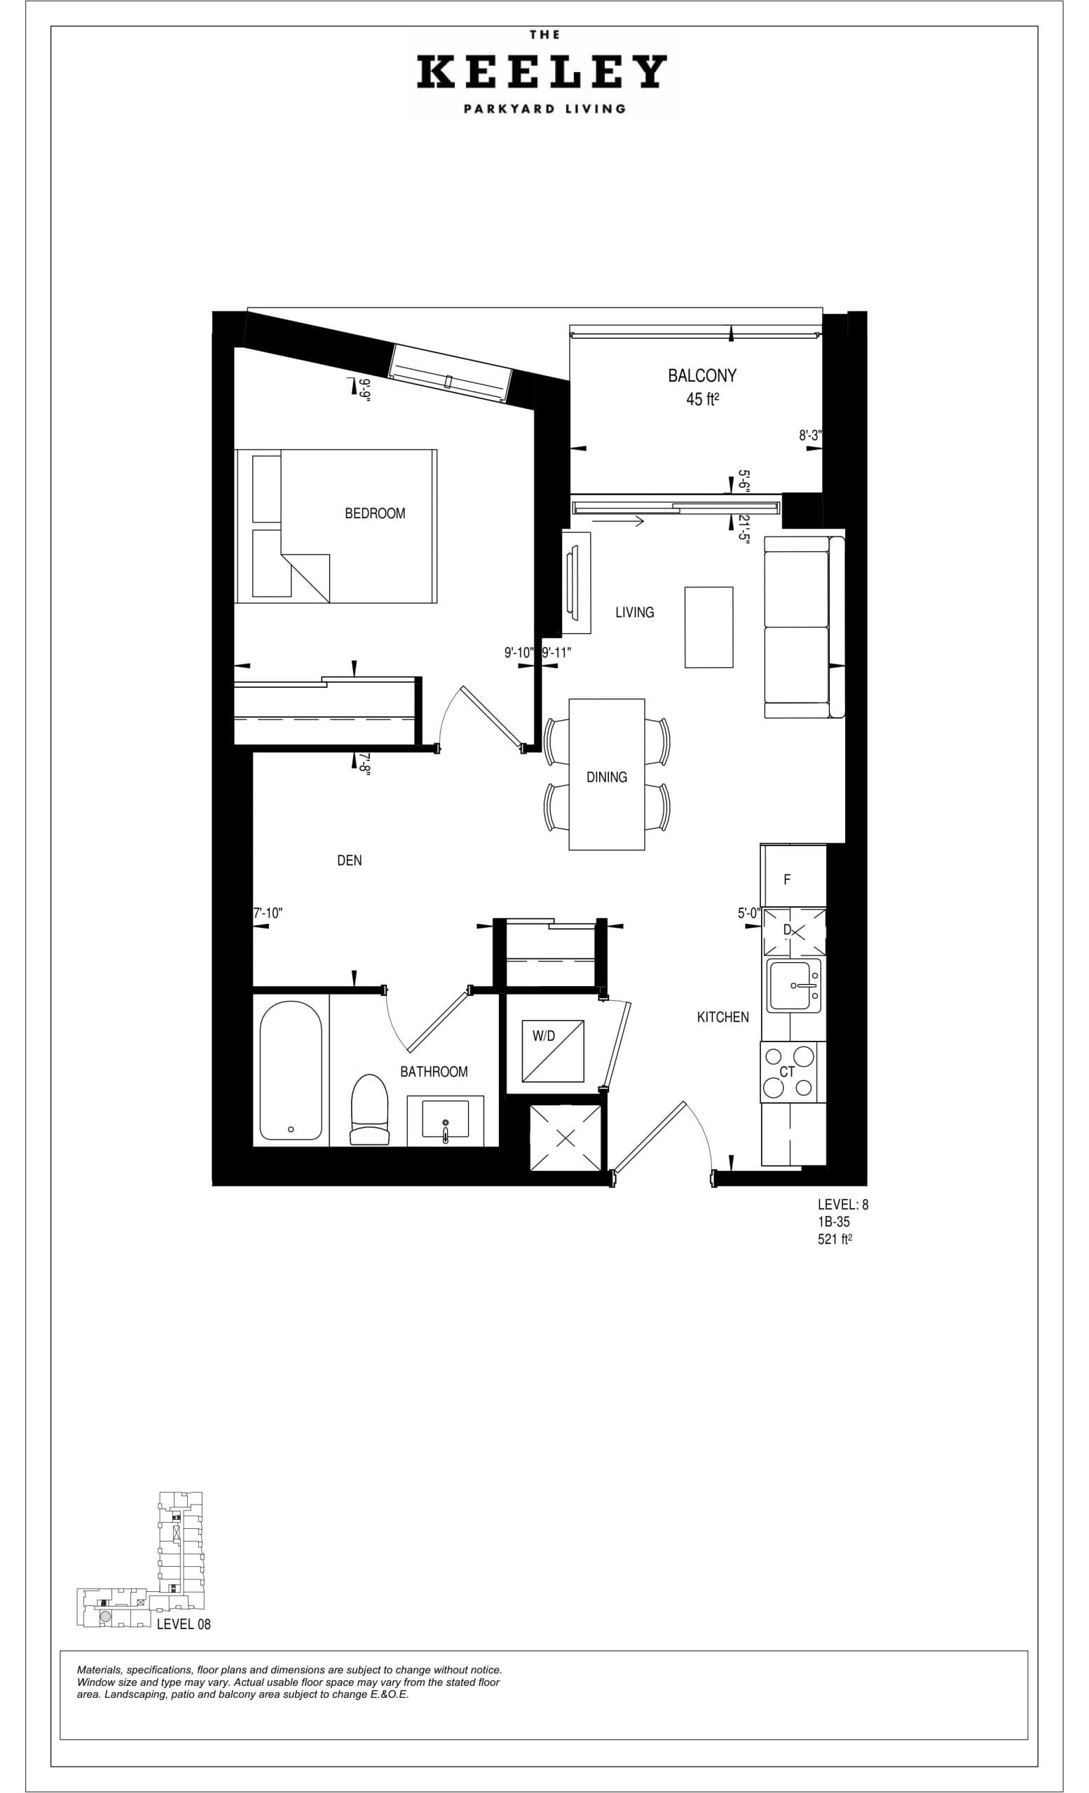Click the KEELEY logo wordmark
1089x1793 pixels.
tap(542, 72)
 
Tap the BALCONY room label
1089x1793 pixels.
tap(701, 375)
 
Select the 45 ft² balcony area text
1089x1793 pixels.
tap(702, 399)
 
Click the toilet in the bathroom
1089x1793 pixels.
tap(370, 1109)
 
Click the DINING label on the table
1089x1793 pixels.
tap(606, 777)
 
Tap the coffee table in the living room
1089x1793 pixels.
tap(708, 627)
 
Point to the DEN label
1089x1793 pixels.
tap(350, 860)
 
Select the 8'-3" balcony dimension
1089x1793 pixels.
tap(809, 436)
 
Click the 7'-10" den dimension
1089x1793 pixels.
tap(267, 913)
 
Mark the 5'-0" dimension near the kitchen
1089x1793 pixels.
tap(748, 913)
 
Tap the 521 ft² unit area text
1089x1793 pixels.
tap(834, 1239)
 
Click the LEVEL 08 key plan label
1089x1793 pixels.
tap(184, 1624)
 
